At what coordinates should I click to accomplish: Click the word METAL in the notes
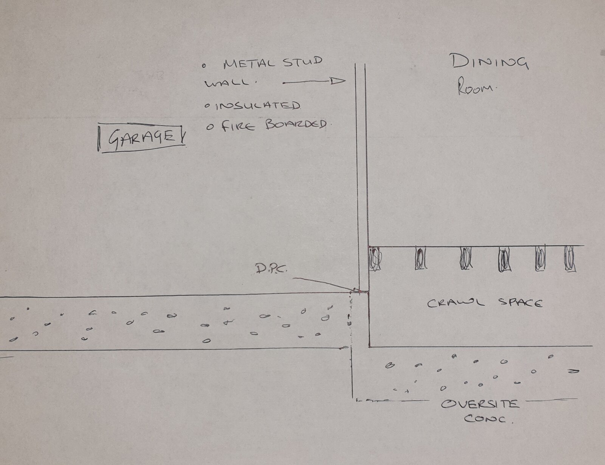(x=249, y=64)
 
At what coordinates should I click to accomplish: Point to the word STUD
(x=302, y=61)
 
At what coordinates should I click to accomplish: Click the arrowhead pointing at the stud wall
(x=338, y=81)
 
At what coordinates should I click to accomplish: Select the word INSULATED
(x=258, y=106)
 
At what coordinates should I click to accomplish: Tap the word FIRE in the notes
(x=238, y=127)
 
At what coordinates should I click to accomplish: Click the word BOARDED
(x=296, y=125)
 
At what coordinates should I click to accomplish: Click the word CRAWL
(x=456, y=303)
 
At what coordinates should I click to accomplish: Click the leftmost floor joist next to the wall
(x=375, y=259)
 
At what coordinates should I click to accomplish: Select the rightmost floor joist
(x=570, y=259)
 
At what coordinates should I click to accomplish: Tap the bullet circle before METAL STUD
(x=204, y=66)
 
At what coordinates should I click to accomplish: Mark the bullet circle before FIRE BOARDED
(x=210, y=127)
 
